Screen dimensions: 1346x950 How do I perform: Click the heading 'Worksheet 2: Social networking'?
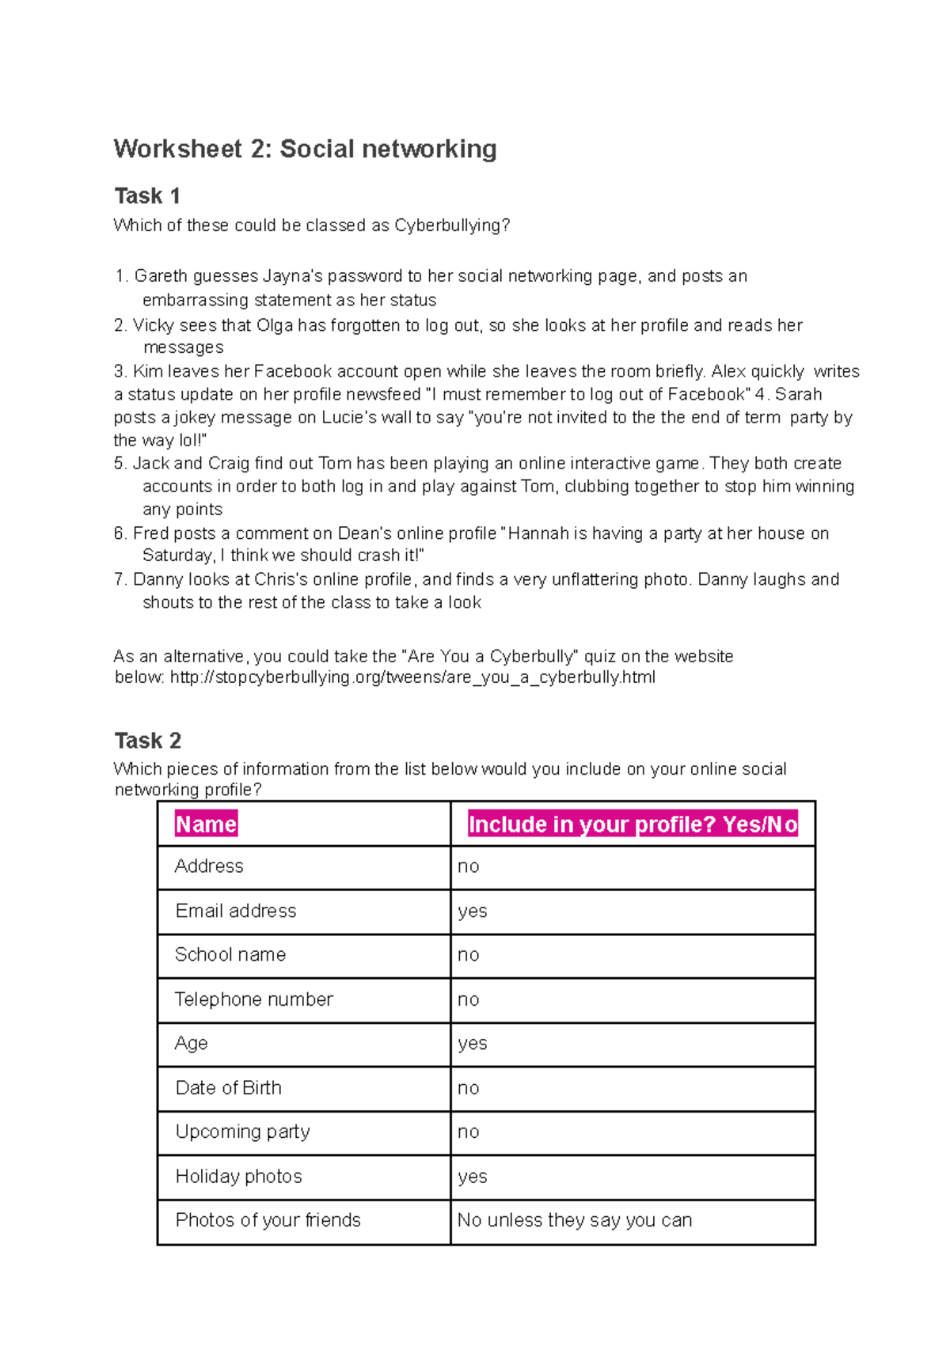(305, 149)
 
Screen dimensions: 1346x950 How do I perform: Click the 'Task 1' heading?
(147, 195)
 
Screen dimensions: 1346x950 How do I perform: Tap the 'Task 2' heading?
(147, 741)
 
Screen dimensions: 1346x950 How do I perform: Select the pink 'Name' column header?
(206, 825)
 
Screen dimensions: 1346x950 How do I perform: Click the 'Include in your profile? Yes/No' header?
(633, 825)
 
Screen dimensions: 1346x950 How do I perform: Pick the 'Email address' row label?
(236, 911)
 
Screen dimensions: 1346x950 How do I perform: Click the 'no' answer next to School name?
(469, 955)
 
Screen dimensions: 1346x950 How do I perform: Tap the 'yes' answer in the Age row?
(473, 1044)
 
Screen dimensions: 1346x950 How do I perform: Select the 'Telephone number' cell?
(253, 999)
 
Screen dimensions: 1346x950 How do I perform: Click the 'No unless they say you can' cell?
(575, 1220)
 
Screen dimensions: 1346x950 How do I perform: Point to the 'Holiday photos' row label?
(238, 1177)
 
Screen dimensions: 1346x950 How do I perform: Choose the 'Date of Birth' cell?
(228, 1088)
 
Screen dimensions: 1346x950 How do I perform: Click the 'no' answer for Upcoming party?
(469, 1132)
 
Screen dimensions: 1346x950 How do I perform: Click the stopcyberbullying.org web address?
(412, 677)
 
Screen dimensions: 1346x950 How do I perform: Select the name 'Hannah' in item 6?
(538, 533)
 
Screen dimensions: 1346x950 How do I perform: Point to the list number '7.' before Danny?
(120, 579)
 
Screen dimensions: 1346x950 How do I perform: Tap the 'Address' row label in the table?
(209, 866)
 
